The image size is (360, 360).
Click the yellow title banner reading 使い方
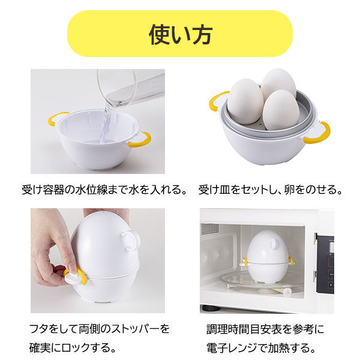pos(180,34)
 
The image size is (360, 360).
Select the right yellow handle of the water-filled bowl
pos(140,140)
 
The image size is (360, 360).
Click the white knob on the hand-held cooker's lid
pos(130,239)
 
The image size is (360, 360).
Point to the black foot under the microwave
pos(210,308)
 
